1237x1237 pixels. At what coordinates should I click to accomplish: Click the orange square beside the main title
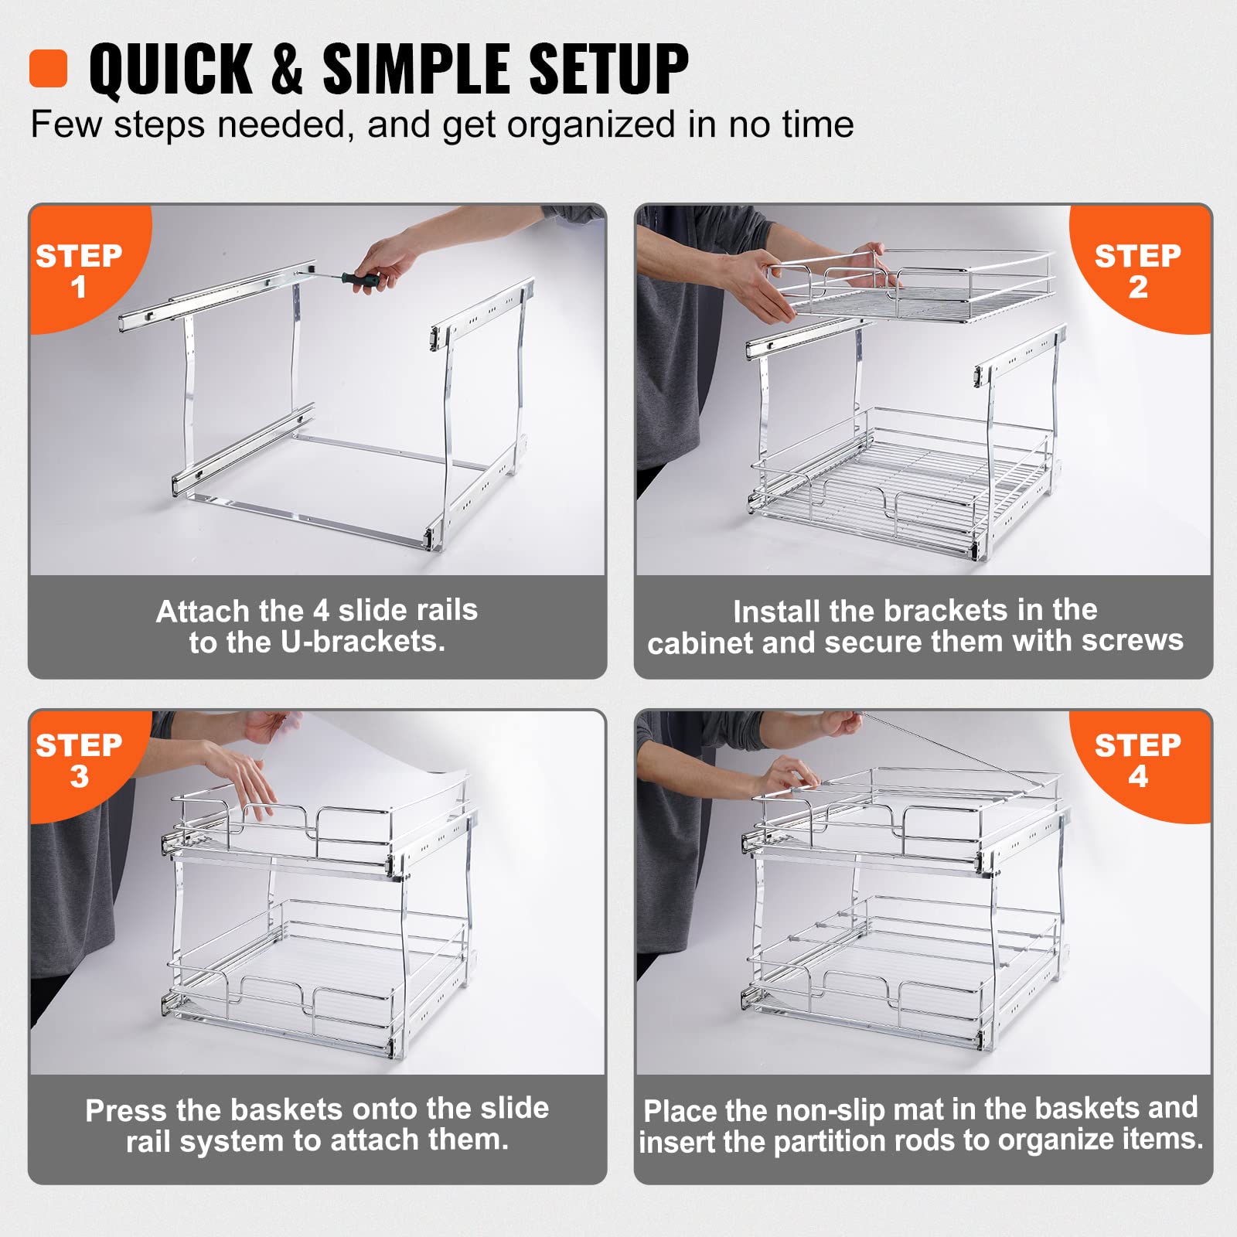point(49,69)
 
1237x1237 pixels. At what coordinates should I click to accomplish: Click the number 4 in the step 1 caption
point(321,611)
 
